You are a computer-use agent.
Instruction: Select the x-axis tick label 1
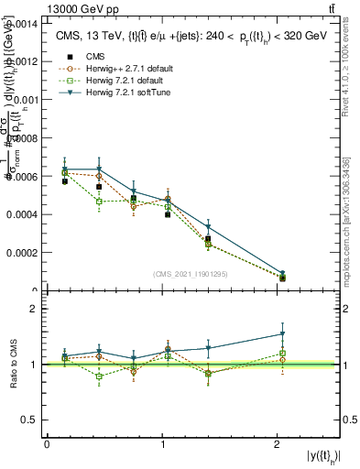pyautogui.click(x=161, y=444)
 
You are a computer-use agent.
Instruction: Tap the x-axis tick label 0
pyautogui.click(x=47, y=444)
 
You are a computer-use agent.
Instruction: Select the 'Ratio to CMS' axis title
pyautogui.click(x=12, y=365)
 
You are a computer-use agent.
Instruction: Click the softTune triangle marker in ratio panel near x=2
pyautogui.click(x=282, y=333)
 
